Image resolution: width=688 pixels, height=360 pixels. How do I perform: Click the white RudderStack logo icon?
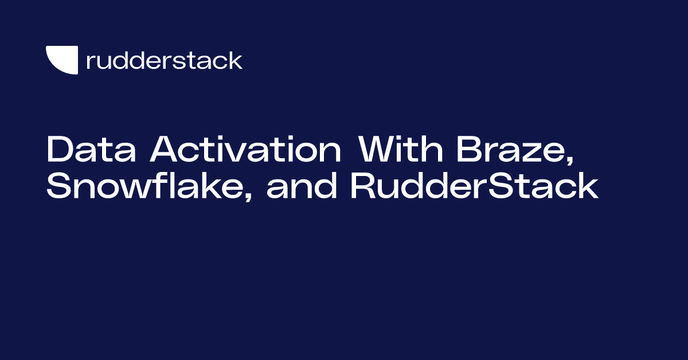pos(61,60)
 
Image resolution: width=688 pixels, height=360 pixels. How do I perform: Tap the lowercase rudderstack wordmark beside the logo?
pos(164,60)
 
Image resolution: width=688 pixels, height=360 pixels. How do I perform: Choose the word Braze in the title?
pos(508,151)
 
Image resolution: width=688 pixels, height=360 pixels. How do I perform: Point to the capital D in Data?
pos(58,151)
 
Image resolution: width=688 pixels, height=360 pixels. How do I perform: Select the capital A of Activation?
pos(165,151)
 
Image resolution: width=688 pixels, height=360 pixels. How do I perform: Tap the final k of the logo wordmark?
pos(236,60)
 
